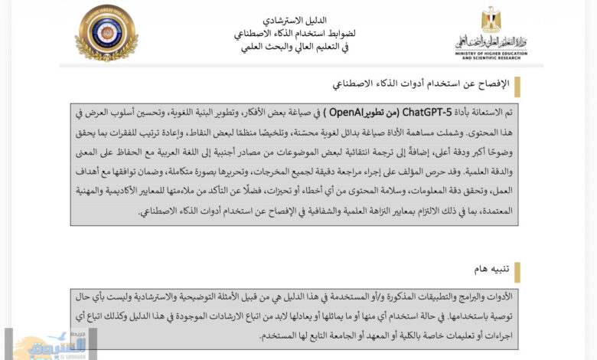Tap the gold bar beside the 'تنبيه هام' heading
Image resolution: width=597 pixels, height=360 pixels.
coord(517,272)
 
